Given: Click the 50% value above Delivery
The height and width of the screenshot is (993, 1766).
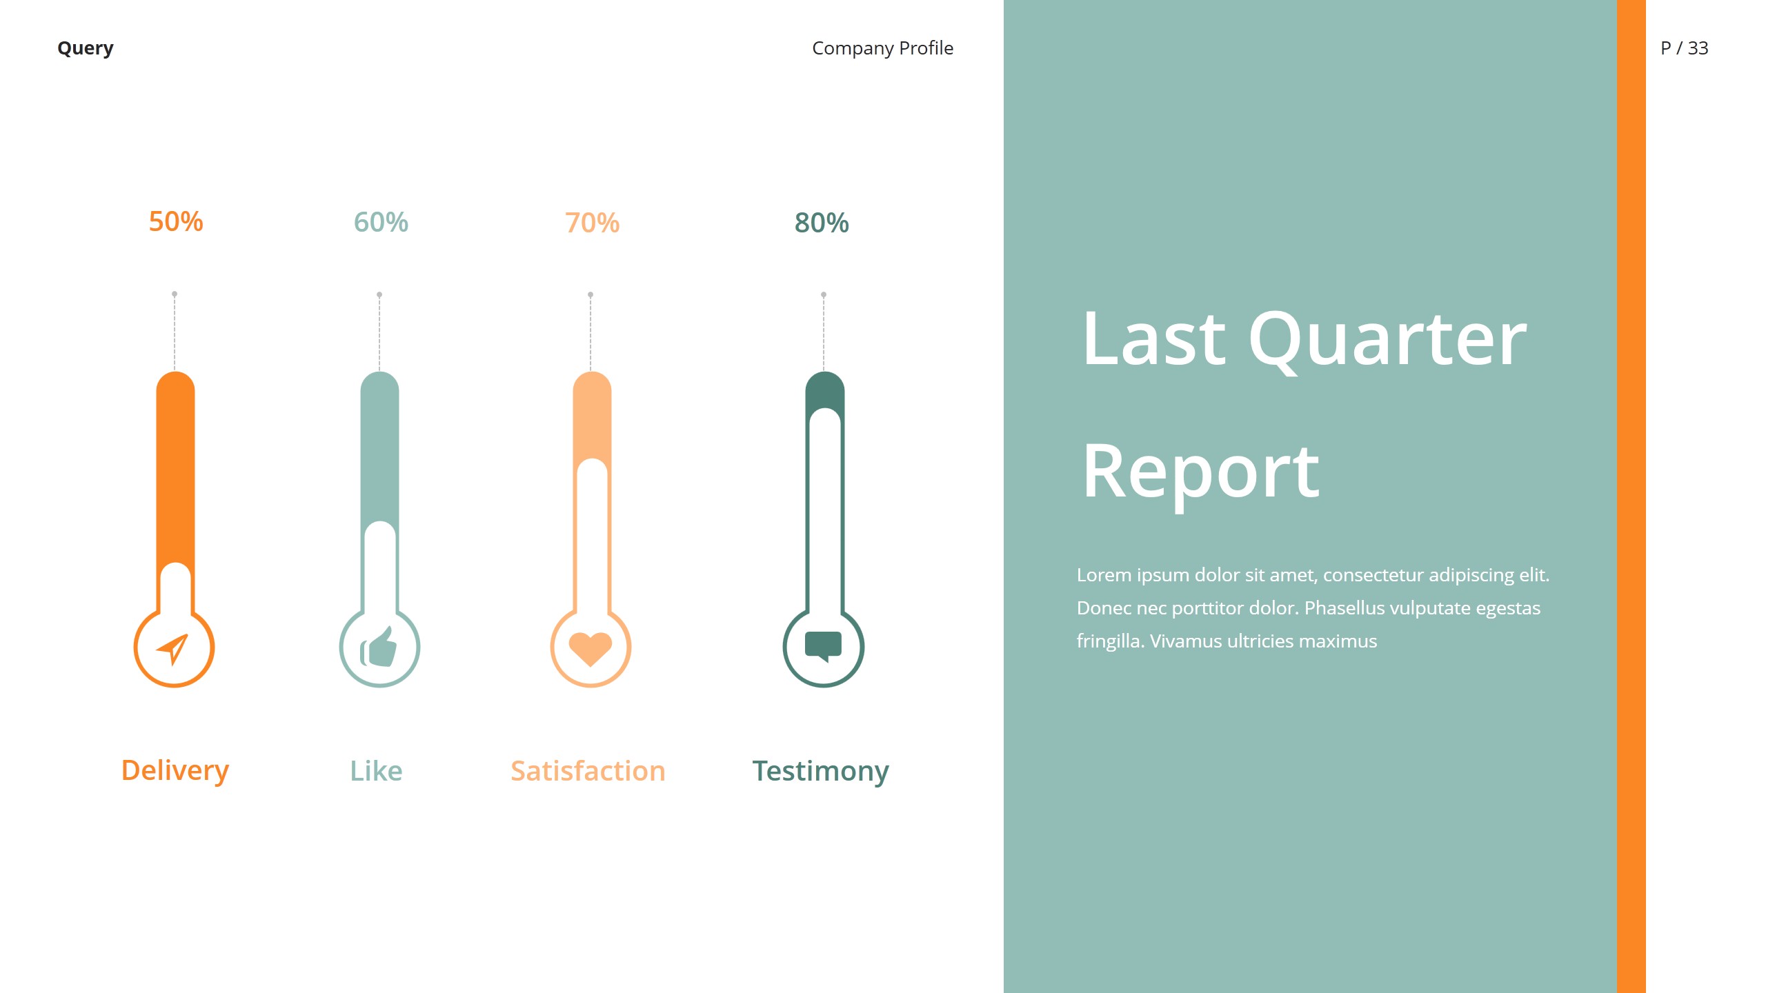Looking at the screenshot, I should [x=176, y=221].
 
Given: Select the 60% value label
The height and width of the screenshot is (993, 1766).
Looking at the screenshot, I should [x=381, y=222].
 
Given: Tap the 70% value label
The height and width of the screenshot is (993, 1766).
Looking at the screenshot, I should [x=592, y=223].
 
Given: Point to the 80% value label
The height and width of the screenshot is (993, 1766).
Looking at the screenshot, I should [x=822, y=223].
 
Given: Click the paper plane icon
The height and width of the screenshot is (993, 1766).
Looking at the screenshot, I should [x=172, y=648].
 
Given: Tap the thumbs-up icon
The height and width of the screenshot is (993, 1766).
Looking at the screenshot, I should [x=379, y=648].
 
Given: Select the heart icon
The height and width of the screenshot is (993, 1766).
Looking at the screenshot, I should [x=591, y=648].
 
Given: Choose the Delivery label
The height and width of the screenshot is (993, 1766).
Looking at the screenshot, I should [x=175, y=770].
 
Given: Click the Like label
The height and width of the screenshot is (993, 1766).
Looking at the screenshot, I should [x=376, y=771].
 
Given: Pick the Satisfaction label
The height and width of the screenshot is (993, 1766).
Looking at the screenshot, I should [x=588, y=771].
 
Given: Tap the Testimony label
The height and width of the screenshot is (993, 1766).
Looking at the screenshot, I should [x=820, y=771].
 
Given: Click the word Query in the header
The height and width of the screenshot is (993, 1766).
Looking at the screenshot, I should [x=86, y=48].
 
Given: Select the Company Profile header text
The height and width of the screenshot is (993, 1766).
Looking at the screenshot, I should [x=882, y=48].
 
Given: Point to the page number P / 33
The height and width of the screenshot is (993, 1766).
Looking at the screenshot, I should [x=1684, y=48].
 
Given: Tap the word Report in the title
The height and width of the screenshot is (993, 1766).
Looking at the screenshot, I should [x=1200, y=472].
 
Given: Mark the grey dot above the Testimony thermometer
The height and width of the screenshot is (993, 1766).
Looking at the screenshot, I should [x=824, y=294].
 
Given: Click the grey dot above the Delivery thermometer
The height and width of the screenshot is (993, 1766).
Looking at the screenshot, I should [x=175, y=294].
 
